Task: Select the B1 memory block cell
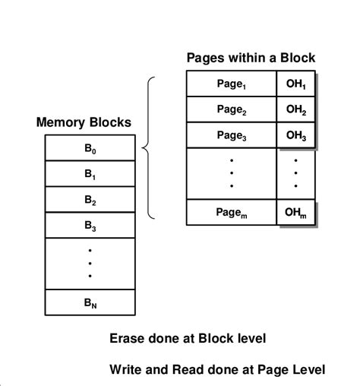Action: pyautogui.click(x=90, y=174)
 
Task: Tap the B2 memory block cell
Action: pyautogui.click(x=90, y=200)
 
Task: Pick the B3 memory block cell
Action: pyautogui.click(x=90, y=226)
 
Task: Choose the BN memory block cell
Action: pyautogui.click(x=90, y=302)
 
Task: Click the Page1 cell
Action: pyautogui.click(x=231, y=84)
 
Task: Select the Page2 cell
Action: pyautogui.click(x=231, y=109)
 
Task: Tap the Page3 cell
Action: pyautogui.click(x=231, y=135)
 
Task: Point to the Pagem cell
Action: pyautogui.click(x=231, y=212)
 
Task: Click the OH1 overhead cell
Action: pyautogui.click(x=296, y=84)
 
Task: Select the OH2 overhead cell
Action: pyautogui.click(x=296, y=109)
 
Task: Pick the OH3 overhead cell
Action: pyautogui.click(x=296, y=135)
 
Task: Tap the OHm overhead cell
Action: pyautogui.click(x=296, y=212)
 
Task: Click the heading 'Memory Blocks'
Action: pyautogui.click(x=84, y=122)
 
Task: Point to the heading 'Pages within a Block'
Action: pyautogui.click(x=251, y=58)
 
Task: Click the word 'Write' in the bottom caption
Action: pyautogui.click(x=126, y=370)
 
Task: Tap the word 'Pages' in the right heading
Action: pyautogui.click(x=205, y=58)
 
